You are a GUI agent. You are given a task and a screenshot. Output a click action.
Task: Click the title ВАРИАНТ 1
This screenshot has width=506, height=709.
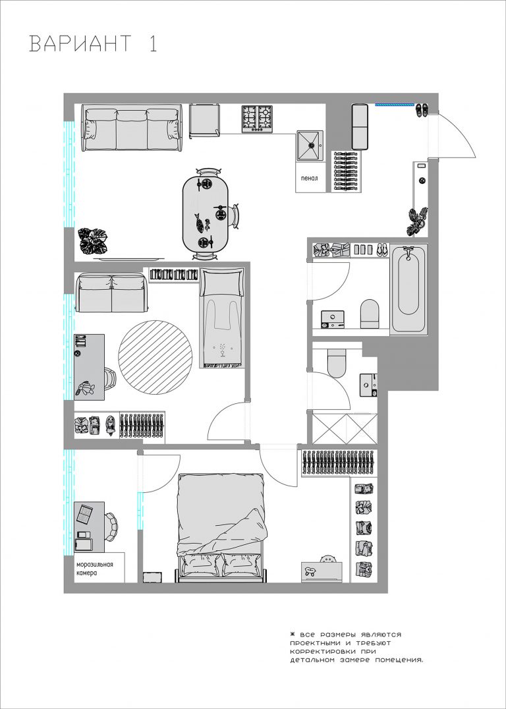tap(94, 44)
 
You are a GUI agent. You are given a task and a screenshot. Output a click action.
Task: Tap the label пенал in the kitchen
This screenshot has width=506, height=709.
tap(310, 178)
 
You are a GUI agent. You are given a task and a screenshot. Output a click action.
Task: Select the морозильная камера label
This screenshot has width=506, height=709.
tap(94, 569)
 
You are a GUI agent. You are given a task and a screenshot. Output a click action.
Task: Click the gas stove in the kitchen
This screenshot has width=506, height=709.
tap(258, 119)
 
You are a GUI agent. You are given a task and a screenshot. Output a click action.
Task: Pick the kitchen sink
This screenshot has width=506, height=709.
tap(310, 146)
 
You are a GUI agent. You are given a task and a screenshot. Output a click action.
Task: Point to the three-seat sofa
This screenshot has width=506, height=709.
tap(132, 128)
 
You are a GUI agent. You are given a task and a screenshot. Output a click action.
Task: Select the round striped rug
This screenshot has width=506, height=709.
tap(155, 357)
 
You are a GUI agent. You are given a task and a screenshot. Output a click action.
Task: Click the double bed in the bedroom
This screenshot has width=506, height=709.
tap(221, 528)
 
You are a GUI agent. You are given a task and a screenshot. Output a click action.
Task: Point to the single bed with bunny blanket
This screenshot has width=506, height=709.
tap(222, 318)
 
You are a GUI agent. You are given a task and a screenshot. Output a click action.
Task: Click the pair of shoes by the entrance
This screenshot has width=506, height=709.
tap(422, 111)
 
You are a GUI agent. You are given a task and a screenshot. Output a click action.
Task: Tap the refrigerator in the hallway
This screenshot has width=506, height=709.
tap(360, 127)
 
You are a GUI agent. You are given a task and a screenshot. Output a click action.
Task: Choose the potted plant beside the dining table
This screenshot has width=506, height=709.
tap(93, 241)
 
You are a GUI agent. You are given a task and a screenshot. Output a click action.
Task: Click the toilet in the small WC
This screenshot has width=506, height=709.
tap(336, 364)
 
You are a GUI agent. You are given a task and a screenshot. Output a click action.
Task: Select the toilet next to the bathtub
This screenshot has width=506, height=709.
tap(370, 314)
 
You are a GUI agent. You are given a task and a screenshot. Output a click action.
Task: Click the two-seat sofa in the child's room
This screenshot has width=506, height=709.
tap(111, 293)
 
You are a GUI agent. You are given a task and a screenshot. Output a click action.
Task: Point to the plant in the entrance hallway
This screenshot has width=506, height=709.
tap(418, 220)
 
